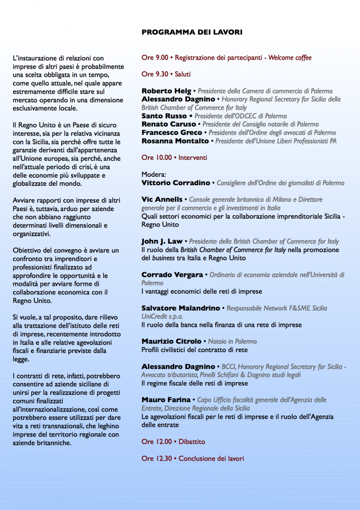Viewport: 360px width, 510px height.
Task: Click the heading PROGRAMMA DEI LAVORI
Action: tap(192, 32)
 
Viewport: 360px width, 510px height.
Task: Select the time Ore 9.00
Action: tap(155, 58)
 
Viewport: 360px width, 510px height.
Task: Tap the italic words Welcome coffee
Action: tap(290, 58)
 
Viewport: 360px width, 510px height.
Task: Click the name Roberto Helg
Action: tap(166, 91)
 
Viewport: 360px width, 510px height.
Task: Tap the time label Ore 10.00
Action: tap(157, 157)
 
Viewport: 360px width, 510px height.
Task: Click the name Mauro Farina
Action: tap(166, 400)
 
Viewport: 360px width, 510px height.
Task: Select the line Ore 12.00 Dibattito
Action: tap(173, 441)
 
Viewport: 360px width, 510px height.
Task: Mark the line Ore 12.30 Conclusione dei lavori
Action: tap(193, 458)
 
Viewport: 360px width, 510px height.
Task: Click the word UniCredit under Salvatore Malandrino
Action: tap(155, 316)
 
